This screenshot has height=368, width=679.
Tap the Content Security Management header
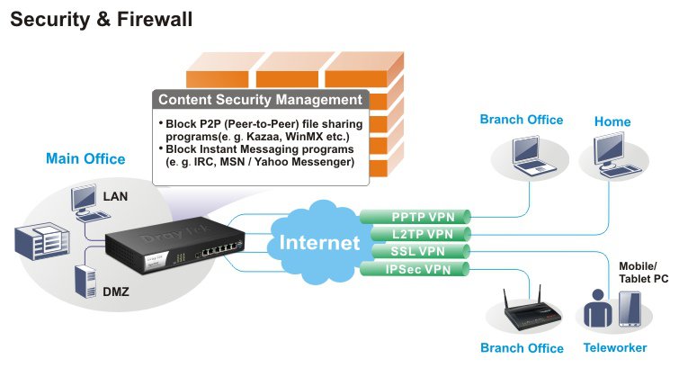coord(261,100)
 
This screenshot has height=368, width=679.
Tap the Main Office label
coord(85,159)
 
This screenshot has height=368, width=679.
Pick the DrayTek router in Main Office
coord(162,249)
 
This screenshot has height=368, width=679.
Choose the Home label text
coord(612,121)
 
